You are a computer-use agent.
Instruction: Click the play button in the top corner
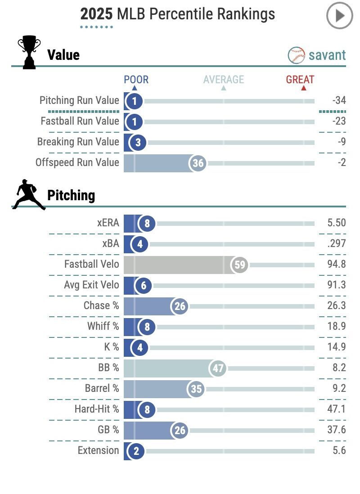(339, 16)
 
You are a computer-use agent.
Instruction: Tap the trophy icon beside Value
(29, 53)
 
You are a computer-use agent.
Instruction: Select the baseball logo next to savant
(296, 55)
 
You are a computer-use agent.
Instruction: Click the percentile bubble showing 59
(240, 265)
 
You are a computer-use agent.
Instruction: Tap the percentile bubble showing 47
(218, 368)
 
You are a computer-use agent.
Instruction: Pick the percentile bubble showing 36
(198, 163)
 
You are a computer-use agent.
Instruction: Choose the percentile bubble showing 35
(196, 389)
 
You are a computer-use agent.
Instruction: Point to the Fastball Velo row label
(92, 264)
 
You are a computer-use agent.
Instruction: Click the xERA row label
(108, 223)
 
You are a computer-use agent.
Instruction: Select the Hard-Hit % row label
(97, 409)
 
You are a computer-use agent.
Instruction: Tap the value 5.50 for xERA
(337, 223)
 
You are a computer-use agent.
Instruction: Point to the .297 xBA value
(337, 243)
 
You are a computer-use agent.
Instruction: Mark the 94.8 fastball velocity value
(337, 264)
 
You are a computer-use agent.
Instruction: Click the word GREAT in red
(300, 80)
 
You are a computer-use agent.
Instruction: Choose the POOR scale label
(136, 80)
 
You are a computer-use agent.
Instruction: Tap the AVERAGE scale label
(224, 80)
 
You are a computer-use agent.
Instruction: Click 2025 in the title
(96, 14)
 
